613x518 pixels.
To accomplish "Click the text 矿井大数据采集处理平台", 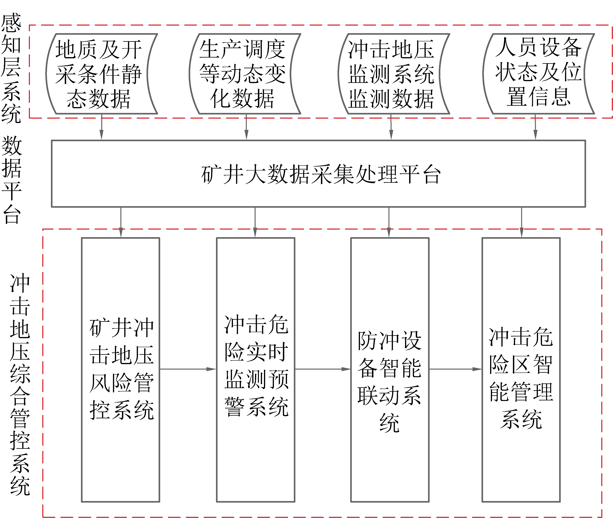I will [x=321, y=174].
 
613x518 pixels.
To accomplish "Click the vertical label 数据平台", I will [x=12, y=180].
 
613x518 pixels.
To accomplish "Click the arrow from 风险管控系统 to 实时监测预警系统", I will [x=188, y=369].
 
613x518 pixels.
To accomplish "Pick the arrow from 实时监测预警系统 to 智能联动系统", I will [x=322, y=369].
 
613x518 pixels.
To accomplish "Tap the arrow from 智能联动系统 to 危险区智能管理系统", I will [x=455, y=369].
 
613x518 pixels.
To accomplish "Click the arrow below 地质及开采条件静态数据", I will [x=101, y=127].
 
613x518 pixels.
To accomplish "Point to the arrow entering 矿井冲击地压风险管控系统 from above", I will [x=121, y=222].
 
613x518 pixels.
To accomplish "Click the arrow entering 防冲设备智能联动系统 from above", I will [x=389, y=222].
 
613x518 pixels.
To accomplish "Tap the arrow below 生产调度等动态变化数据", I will [x=246, y=127].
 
